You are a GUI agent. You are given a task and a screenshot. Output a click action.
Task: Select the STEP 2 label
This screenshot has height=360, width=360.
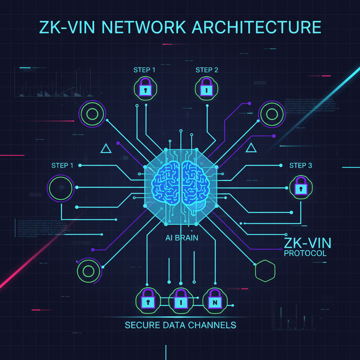tap(207, 70)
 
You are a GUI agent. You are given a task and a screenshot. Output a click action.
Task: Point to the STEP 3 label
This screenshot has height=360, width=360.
tap(301, 165)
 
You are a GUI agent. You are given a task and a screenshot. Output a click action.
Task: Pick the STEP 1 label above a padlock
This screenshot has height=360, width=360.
tap(144, 70)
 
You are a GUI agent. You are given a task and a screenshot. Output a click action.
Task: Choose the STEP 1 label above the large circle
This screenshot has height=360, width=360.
tap(62, 165)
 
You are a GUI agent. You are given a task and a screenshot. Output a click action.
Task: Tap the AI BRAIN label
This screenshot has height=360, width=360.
tap(182, 238)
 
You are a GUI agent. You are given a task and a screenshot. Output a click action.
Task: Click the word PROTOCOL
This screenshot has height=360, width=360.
tap(305, 253)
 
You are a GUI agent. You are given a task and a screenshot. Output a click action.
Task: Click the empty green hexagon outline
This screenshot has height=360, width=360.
tap(265, 271)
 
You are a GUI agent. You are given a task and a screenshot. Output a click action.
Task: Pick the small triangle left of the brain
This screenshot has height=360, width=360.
tap(106, 149)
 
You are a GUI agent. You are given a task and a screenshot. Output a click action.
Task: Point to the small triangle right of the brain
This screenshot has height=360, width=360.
tap(251, 148)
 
